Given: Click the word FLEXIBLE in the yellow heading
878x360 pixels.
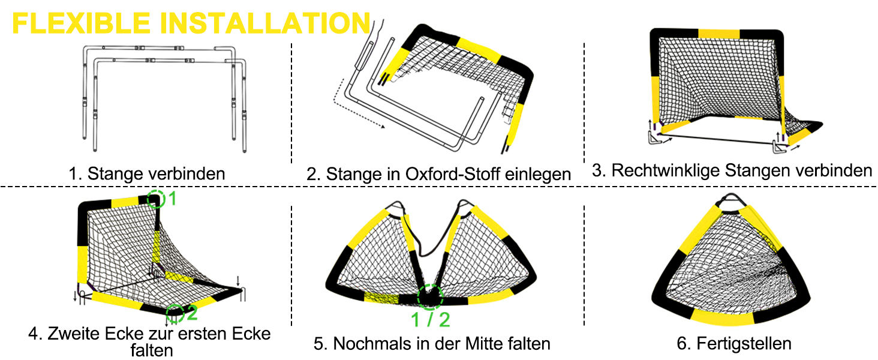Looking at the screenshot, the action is click(x=81, y=23).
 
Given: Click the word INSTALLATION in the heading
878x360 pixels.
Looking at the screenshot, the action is click(x=265, y=23).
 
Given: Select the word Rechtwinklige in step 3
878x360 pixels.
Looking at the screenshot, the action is click(x=666, y=170).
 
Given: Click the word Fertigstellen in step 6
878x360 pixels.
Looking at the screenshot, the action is click(x=744, y=344).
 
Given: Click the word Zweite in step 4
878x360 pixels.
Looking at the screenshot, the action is click(x=73, y=334).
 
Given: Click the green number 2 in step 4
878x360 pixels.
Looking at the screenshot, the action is click(x=192, y=313).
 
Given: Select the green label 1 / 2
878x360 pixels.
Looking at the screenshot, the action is click(x=431, y=320).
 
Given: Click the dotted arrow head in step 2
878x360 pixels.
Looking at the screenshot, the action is click(x=383, y=126).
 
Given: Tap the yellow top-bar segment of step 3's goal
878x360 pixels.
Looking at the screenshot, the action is click(x=719, y=34).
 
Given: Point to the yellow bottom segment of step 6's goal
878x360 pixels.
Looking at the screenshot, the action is click(x=722, y=317).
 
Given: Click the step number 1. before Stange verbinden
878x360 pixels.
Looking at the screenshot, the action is click(x=75, y=174).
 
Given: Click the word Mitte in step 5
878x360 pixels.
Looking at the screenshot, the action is click(x=488, y=344).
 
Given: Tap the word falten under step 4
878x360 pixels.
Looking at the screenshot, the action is click(x=152, y=350).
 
